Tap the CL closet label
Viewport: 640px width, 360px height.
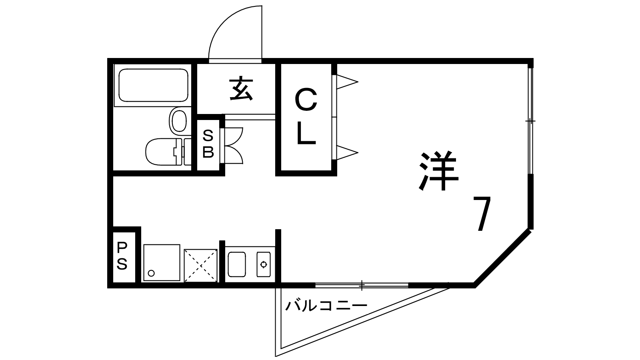coord(306,117)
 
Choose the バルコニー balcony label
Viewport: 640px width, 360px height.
coord(326,307)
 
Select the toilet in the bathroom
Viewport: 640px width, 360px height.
coord(164,152)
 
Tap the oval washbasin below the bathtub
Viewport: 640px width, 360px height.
coord(178,120)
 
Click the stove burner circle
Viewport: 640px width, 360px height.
coord(264,264)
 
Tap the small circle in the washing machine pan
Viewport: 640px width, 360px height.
coord(151,273)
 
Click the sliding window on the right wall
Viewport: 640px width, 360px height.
coord(530,120)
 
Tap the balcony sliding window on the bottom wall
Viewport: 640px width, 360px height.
coord(362,285)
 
